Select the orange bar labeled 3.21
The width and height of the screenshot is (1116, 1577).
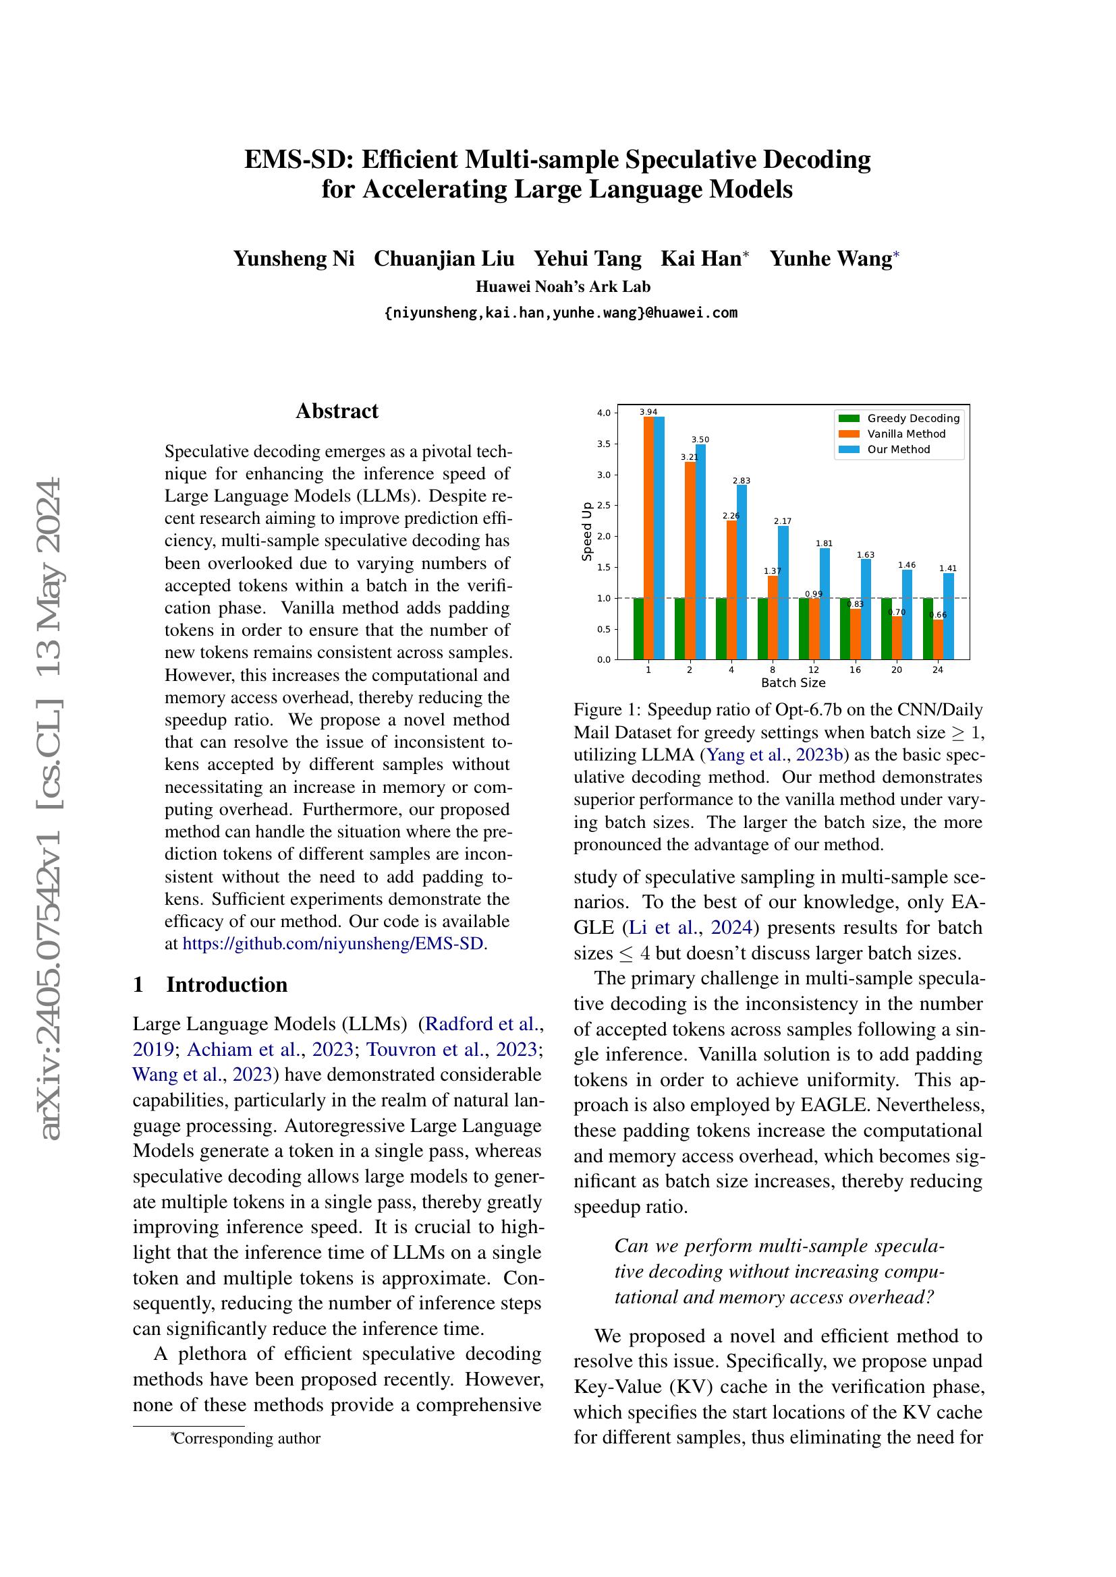[690, 560]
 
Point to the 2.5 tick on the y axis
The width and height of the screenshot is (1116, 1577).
[604, 506]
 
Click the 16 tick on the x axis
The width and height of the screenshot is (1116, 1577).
[855, 670]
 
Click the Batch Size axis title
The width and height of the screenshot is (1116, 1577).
[793, 683]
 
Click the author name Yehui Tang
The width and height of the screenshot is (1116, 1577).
[588, 259]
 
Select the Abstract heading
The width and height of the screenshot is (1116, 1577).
[337, 411]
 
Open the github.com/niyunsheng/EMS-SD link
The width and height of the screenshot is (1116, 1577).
[333, 943]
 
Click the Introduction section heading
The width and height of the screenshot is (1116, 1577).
[227, 984]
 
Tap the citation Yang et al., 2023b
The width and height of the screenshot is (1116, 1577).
[775, 755]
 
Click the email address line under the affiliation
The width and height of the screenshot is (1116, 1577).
[560, 314]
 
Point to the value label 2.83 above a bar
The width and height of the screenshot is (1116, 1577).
[742, 481]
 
